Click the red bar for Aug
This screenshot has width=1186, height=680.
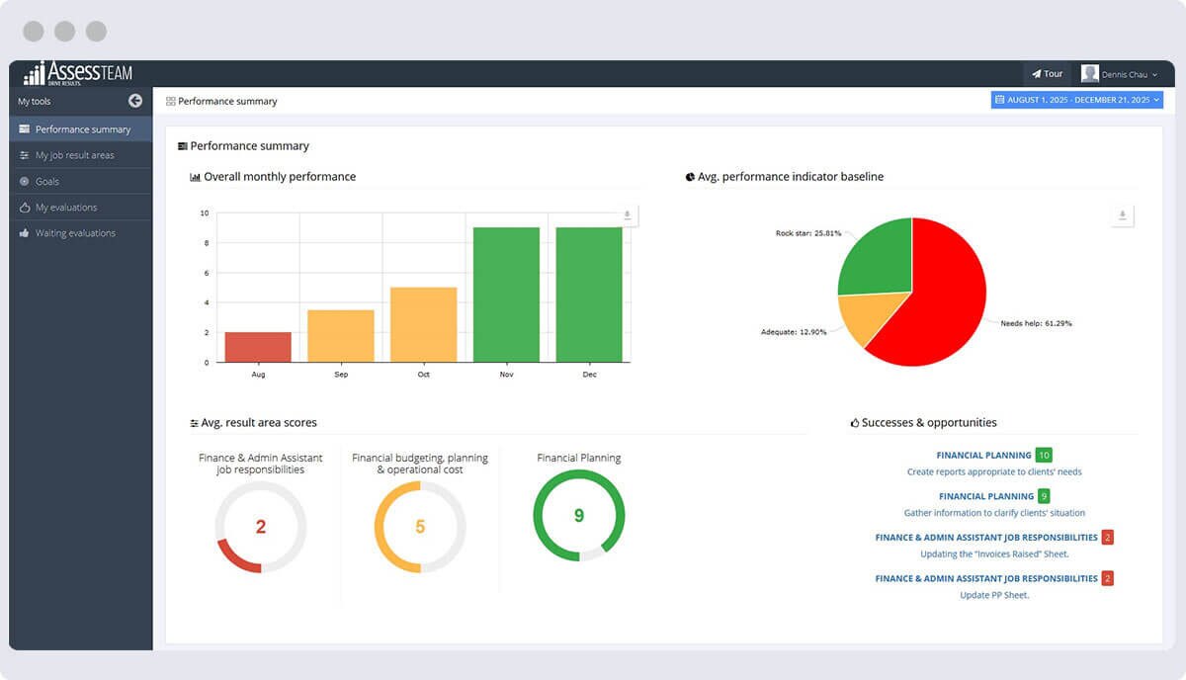click(258, 347)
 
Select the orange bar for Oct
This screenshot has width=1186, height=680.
click(423, 324)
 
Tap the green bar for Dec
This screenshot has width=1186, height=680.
click(589, 295)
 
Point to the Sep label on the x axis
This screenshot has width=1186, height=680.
click(341, 375)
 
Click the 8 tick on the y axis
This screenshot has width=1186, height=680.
click(205, 243)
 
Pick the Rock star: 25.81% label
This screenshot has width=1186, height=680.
click(808, 233)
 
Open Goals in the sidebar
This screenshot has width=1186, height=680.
click(47, 182)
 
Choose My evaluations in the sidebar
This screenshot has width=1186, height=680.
click(66, 208)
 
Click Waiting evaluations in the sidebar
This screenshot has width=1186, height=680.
click(75, 233)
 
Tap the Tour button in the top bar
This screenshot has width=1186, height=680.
click(1048, 74)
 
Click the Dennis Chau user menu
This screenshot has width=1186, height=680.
click(1120, 74)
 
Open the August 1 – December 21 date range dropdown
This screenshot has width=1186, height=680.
click(1076, 100)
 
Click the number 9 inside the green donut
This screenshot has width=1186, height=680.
click(579, 515)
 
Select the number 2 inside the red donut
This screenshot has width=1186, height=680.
click(261, 527)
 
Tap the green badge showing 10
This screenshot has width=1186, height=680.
click(1044, 456)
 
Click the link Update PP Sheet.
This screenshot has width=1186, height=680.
click(994, 595)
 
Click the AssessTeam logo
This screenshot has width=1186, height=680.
click(78, 74)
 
